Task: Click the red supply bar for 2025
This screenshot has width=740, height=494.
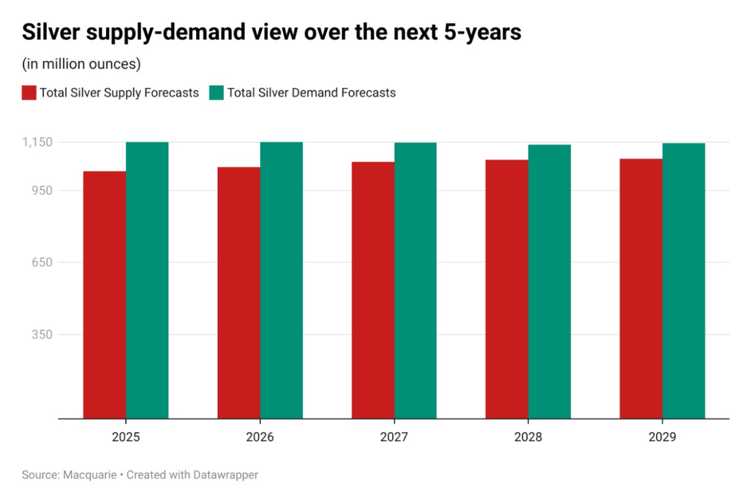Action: click(x=104, y=295)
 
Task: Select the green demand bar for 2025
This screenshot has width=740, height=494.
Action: click(x=147, y=281)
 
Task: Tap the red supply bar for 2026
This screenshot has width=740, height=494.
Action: click(x=239, y=293)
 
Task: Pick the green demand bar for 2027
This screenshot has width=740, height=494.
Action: click(x=416, y=281)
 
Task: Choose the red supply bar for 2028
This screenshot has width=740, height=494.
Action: click(x=507, y=289)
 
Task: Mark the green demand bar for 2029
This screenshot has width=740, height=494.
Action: click(x=684, y=281)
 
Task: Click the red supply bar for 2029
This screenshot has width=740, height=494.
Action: click(x=641, y=289)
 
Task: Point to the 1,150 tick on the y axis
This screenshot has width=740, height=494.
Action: click(x=38, y=142)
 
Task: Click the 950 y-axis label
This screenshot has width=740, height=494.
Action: click(x=43, y=191)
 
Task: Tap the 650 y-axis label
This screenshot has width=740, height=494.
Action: click(x=43, y=262)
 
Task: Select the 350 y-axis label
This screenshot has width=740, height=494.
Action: click(x=43, y=334)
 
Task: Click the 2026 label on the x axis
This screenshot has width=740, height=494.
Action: click(x=260, y=437)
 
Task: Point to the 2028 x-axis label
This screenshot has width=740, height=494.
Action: click(x=528, y=437)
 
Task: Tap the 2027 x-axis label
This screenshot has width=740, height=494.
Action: click(x=394, y=437)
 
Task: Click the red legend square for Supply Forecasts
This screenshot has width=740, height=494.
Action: click(x=29, y=93)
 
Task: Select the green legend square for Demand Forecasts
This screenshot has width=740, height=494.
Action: click(x=216, y=93)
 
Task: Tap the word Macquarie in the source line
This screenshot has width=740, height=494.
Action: click(x=90, y=475)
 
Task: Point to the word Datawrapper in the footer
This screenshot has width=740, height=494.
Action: click(x=226, y=475)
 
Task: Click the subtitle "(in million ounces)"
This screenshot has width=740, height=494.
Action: click(x=81, y=64)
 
